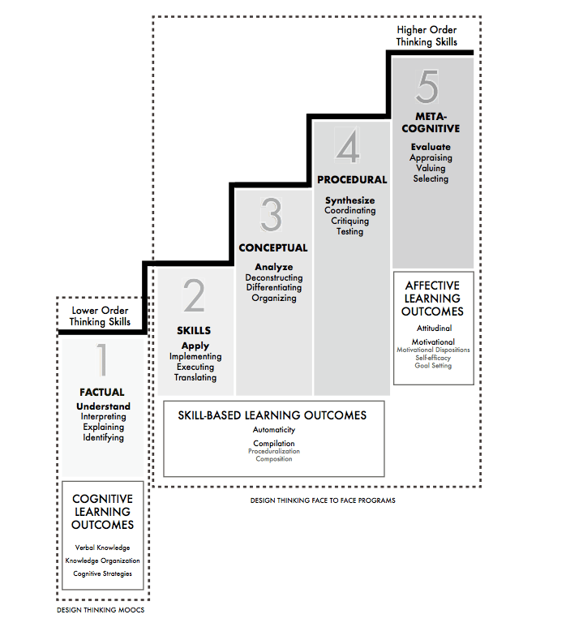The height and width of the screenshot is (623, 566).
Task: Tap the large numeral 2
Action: pos(195,298)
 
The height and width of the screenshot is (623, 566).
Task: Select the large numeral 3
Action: pos(272,217)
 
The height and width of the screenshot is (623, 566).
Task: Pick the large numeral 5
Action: pos(431,85)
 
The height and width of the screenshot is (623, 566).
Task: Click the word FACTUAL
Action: pos(102,393)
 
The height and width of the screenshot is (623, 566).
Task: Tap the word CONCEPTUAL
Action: pos(273,248)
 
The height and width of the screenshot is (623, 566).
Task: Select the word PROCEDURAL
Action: pos(352,180)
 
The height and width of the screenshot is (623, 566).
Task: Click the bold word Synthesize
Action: pos(351,200)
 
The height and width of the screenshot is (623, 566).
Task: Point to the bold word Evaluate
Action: pos(431,147)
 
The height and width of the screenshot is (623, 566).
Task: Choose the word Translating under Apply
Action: pos(195,378)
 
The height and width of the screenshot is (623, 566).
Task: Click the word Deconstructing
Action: pos(273,277)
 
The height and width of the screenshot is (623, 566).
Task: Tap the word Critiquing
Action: pos(350,221)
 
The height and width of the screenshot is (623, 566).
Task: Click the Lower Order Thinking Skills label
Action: pos(100,316)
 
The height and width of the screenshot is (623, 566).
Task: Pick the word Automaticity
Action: pos(273,430)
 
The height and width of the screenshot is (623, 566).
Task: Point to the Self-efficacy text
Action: pos(432,358)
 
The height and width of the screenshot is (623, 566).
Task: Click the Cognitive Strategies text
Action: pos(102,574)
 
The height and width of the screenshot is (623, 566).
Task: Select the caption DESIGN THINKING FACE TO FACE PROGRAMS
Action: pos(323,501)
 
